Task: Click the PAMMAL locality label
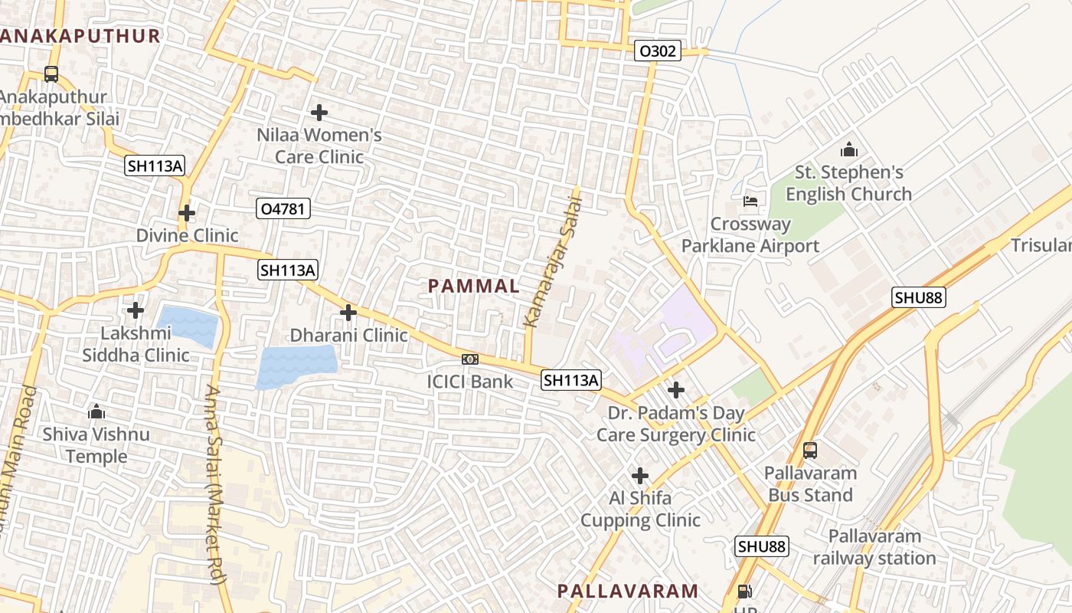click(x=473, y=287)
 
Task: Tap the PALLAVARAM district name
click(x=627, y=591)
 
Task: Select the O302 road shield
click(x=658, y=51)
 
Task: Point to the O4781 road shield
click(x=283, y=208)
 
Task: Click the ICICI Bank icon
click(x=470, y=359)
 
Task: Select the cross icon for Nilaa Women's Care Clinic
click(x=319, y=113)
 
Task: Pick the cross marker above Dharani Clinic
click(x=348, y=312)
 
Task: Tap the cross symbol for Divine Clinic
click(x=187, y=212)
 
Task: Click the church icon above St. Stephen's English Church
click(x=848, y=149)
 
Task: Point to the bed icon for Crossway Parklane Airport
click(x=750, y=202)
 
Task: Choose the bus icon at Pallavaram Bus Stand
click(x=810, y=451)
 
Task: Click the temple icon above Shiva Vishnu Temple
click(x=96, y=412)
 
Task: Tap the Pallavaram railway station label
click(x=874, y=547)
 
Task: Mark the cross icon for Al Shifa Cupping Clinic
click(x=640, y=476)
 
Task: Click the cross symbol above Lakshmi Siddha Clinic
click(x=136, y=310)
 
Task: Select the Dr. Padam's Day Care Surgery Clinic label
click(x=676, y=425)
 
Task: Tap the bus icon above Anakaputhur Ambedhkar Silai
click(x=51, y=74)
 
